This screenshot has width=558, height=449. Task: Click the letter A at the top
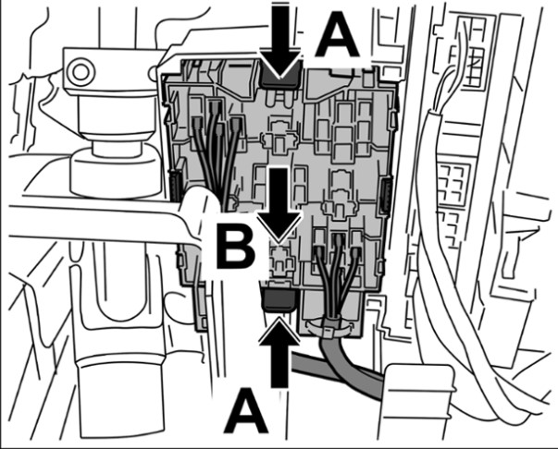337,34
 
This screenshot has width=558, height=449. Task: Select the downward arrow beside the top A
281,41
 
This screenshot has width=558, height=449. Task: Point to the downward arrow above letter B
280,204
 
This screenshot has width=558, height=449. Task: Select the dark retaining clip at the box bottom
279,299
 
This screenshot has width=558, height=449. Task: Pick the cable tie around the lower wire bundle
329,329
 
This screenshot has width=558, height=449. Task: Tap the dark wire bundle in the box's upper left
217,149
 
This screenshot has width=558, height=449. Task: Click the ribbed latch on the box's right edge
385,197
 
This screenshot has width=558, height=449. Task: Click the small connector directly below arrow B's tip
280,258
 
